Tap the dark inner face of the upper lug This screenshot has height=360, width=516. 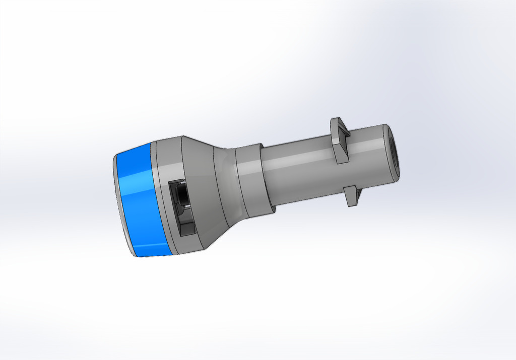342,135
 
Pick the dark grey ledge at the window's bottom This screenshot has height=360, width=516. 187,229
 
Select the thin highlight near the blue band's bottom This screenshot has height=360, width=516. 151,246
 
